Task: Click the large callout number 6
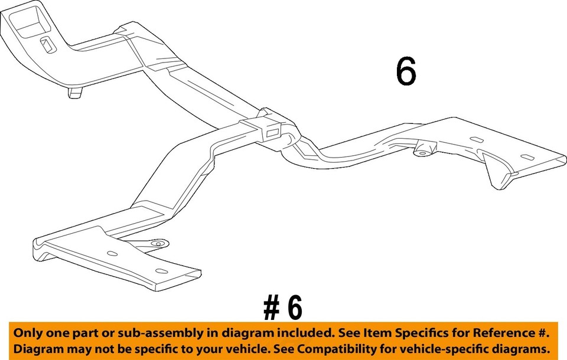point(406,73)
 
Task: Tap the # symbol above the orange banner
point(271,307)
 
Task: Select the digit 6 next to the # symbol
point(295,307)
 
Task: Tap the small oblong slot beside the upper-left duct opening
point(45,42)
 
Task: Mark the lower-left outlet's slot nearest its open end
point(159,271)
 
